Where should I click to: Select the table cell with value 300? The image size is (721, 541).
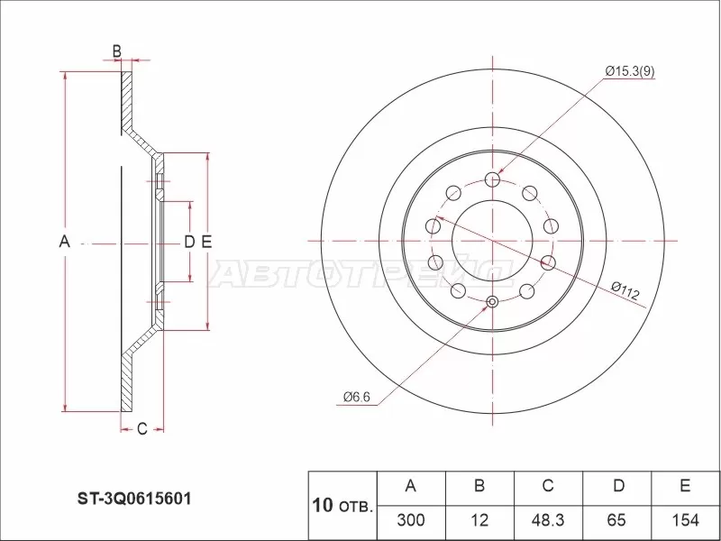(x=410, y=520)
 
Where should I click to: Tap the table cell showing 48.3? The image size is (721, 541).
(x=547, y=520)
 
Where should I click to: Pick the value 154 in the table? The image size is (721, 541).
(x=685, y=520)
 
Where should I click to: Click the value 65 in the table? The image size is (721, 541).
(x=616, y=520)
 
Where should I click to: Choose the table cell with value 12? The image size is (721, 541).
(x=479, y=520)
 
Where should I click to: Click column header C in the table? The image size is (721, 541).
(x=547, y=487)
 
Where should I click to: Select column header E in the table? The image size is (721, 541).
(x=685, y=487)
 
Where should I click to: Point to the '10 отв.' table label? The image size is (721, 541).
(x=342, y=504)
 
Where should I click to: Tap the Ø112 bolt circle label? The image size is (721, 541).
(x=624, y=291)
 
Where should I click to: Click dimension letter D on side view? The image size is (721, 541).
(x=188, y=242)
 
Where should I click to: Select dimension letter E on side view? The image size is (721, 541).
(x=205, y=242)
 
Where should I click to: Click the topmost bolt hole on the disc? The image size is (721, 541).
(x=492, y=179)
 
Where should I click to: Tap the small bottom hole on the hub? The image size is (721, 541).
(x=492, y=302)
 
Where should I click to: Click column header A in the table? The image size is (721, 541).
(x=410, y=487)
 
